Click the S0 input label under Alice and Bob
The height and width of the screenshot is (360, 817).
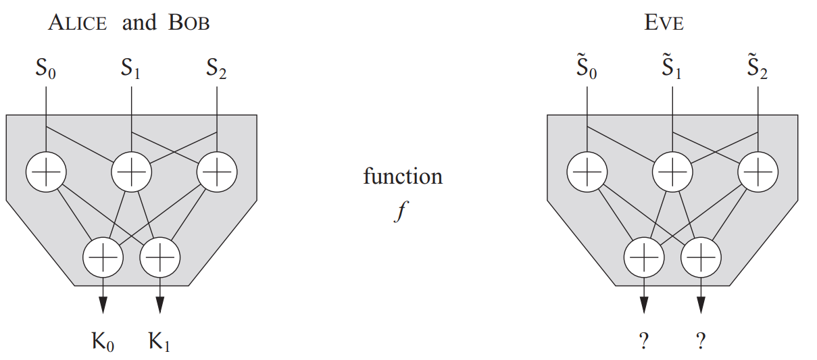pos(45,69)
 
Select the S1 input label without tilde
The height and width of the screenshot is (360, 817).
pos(130,69)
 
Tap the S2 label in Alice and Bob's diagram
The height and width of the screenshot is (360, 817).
pos(216,69)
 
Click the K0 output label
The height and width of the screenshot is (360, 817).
pos(103,343)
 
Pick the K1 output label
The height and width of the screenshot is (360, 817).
pos(159,343)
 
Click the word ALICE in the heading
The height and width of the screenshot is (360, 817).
pos(78,24)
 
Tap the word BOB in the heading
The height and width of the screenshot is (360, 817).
pos(189,24)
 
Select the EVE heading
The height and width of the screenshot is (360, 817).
pos(664,24)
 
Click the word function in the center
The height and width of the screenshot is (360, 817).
pos(403,177)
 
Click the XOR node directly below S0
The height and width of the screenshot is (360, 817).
pos(45,172)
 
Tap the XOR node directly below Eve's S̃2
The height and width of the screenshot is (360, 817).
pos(758,172)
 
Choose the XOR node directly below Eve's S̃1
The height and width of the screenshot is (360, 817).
pos(672,172)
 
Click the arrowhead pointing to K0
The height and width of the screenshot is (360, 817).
pos(103,305)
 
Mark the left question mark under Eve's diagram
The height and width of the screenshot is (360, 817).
pos(643,342)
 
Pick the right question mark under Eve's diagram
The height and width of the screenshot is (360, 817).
pos(701,342)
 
